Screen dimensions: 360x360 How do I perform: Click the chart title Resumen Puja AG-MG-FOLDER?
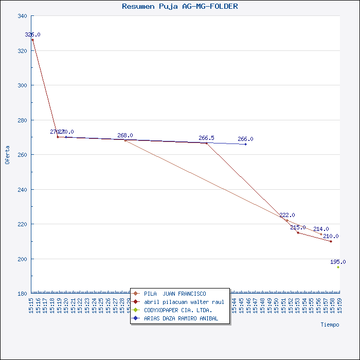179,6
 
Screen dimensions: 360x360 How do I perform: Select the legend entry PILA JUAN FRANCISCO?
175,294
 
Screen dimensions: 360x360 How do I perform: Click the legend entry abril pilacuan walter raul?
184,302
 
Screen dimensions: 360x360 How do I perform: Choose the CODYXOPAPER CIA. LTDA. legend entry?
178,310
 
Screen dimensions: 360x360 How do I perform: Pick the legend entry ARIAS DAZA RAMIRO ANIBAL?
181,318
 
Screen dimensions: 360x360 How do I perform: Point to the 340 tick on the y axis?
22,16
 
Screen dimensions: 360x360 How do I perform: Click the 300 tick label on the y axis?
22,85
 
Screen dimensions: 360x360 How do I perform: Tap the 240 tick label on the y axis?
22,190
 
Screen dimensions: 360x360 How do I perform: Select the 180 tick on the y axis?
22,294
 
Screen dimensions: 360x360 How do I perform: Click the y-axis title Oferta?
7,154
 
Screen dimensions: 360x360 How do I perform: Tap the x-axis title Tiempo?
330,325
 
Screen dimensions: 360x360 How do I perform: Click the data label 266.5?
206,138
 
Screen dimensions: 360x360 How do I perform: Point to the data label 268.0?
125,135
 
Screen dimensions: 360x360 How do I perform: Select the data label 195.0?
338,262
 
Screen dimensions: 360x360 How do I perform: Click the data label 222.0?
287,215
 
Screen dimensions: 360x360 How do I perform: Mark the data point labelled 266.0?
245,145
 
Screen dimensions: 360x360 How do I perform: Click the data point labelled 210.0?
331,241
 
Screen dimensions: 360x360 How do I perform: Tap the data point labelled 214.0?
321,235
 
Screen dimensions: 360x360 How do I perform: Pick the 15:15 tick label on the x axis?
31,305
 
